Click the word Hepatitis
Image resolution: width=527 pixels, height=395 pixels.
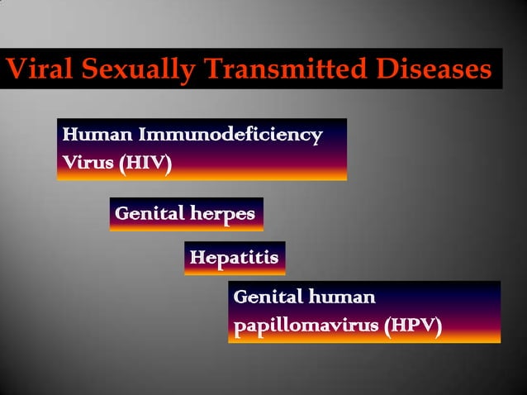[x=234, y=258]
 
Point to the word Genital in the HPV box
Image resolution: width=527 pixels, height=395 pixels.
[x=267, y=296]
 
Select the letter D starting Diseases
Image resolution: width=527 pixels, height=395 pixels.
[x=382, y=70]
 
